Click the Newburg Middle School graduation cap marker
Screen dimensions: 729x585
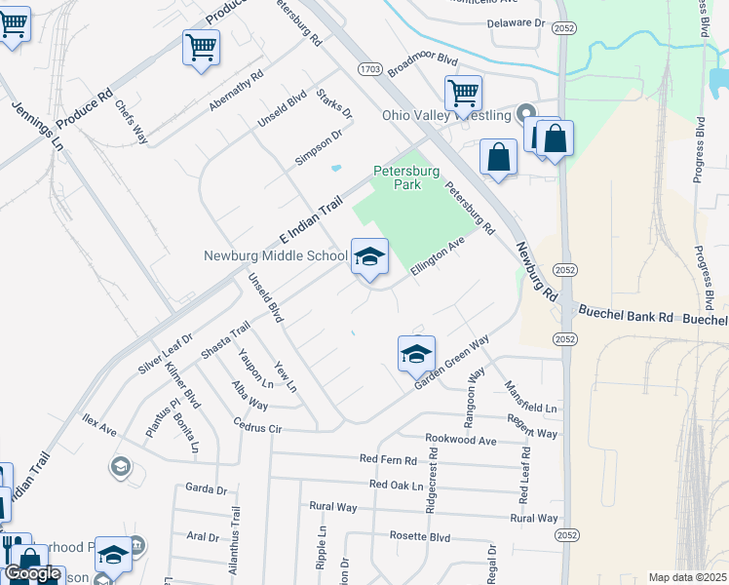(369, 257)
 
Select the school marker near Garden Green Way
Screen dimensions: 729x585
(416, 354)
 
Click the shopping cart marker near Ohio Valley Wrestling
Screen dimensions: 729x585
(463, 95)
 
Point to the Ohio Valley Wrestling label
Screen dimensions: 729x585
(446, 115)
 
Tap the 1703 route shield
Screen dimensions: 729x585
(369, 69)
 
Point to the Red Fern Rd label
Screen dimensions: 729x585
(388, 459)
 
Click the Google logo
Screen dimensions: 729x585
(32, 573)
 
